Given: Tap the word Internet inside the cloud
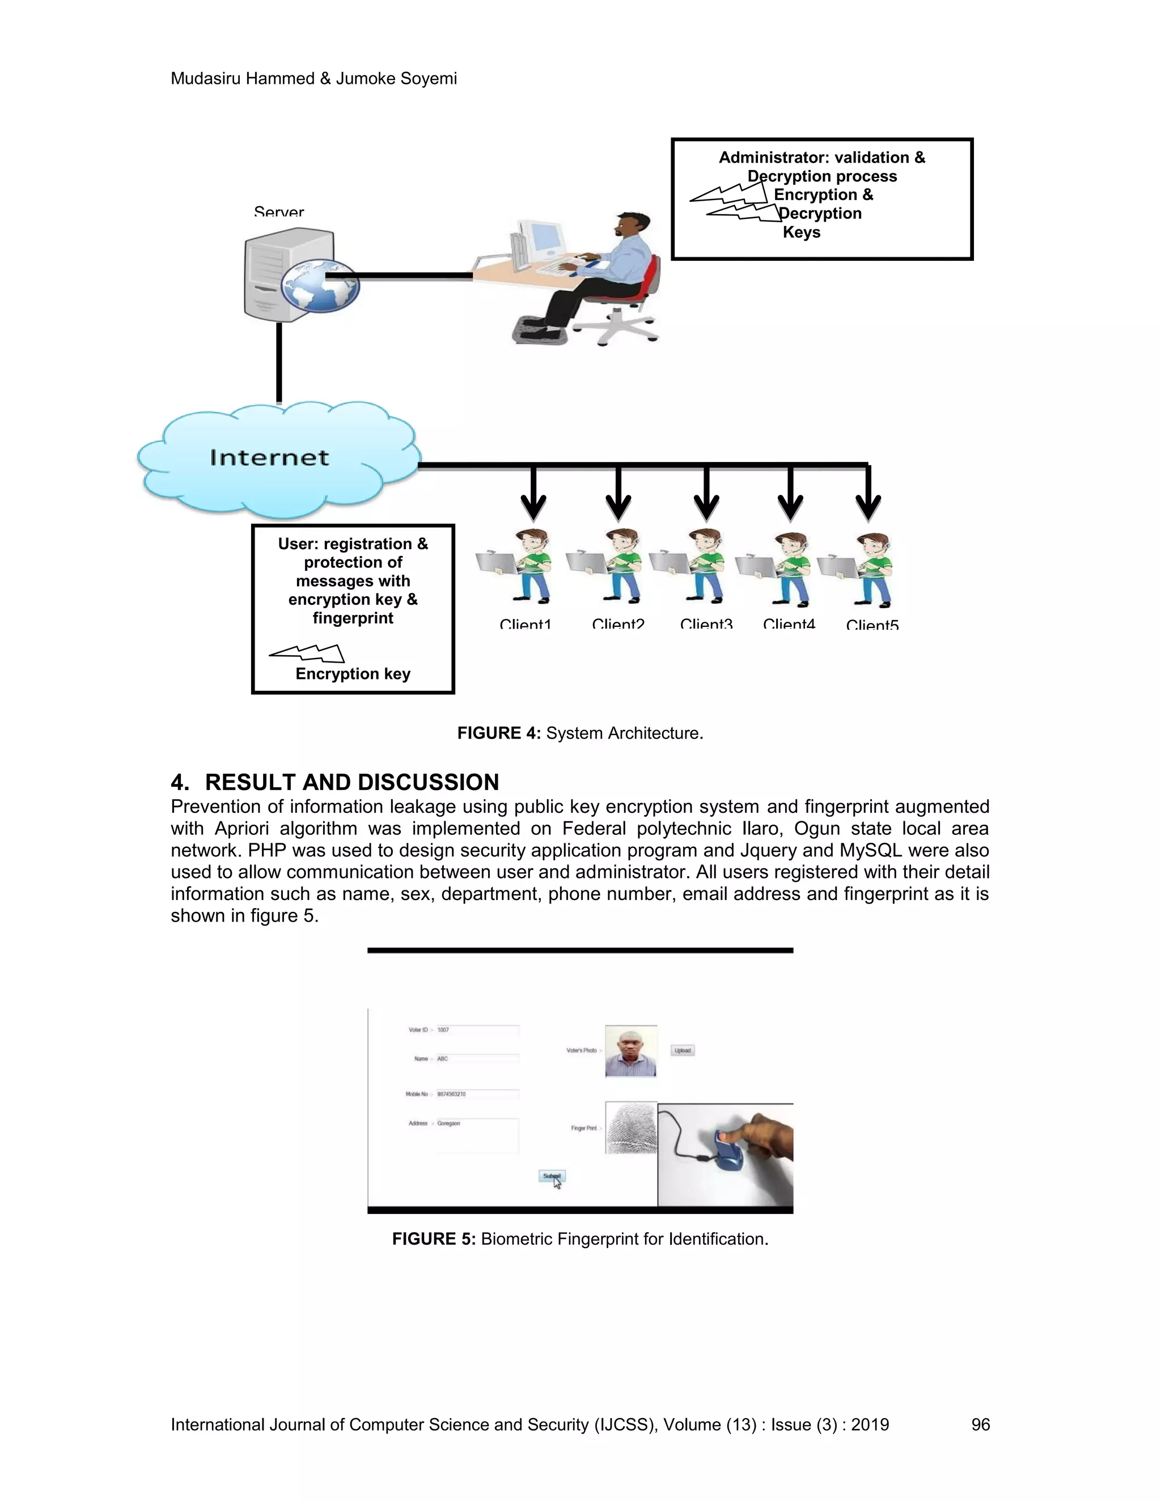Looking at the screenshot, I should pyautogui.click(x=270, y=457).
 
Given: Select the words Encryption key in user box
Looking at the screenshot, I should pyautogui.click(x=353, y=674).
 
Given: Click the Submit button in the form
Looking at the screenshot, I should pyautogui.click(x=552, y=1176).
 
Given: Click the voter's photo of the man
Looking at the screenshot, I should pyautogui.click(x=631, y=1051).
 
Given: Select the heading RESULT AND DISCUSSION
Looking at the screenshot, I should pyautogui.click(x=351, y=782).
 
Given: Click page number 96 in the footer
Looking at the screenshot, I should pyautogui.click(x=980, y=1425).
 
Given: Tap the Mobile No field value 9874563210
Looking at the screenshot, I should pyautogui.click(x=452, y=1094).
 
